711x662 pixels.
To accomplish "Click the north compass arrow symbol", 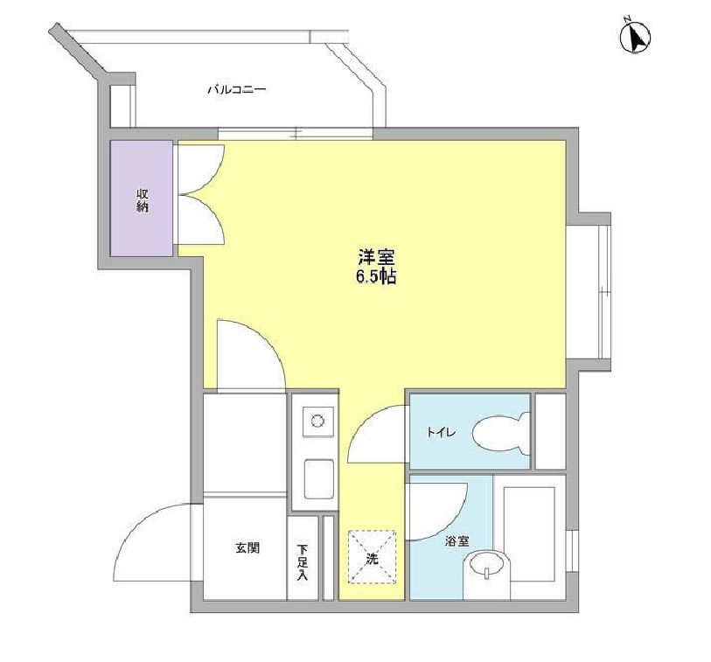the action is pos(635,35).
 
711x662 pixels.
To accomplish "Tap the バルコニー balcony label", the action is pos(237,89).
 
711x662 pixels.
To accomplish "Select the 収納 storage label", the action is pos(142,200).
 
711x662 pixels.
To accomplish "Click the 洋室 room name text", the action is pos(376,258).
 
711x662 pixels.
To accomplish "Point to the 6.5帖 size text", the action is pos(376,276).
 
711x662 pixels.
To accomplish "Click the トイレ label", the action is pos(441,433).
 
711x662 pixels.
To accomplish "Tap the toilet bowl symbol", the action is pos(501,433).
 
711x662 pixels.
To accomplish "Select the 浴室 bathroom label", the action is pos(457,541).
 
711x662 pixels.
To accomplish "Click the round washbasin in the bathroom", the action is pos(487,566).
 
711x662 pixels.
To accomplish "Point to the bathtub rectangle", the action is pos(529,534).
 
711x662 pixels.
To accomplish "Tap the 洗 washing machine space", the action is pos(372,557).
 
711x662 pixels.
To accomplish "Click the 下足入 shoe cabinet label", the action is pos(303,562).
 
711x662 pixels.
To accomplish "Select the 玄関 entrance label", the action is pos(247,547).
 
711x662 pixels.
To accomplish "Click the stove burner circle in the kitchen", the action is pos(317,421).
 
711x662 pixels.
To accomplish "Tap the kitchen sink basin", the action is pos(319,479).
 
